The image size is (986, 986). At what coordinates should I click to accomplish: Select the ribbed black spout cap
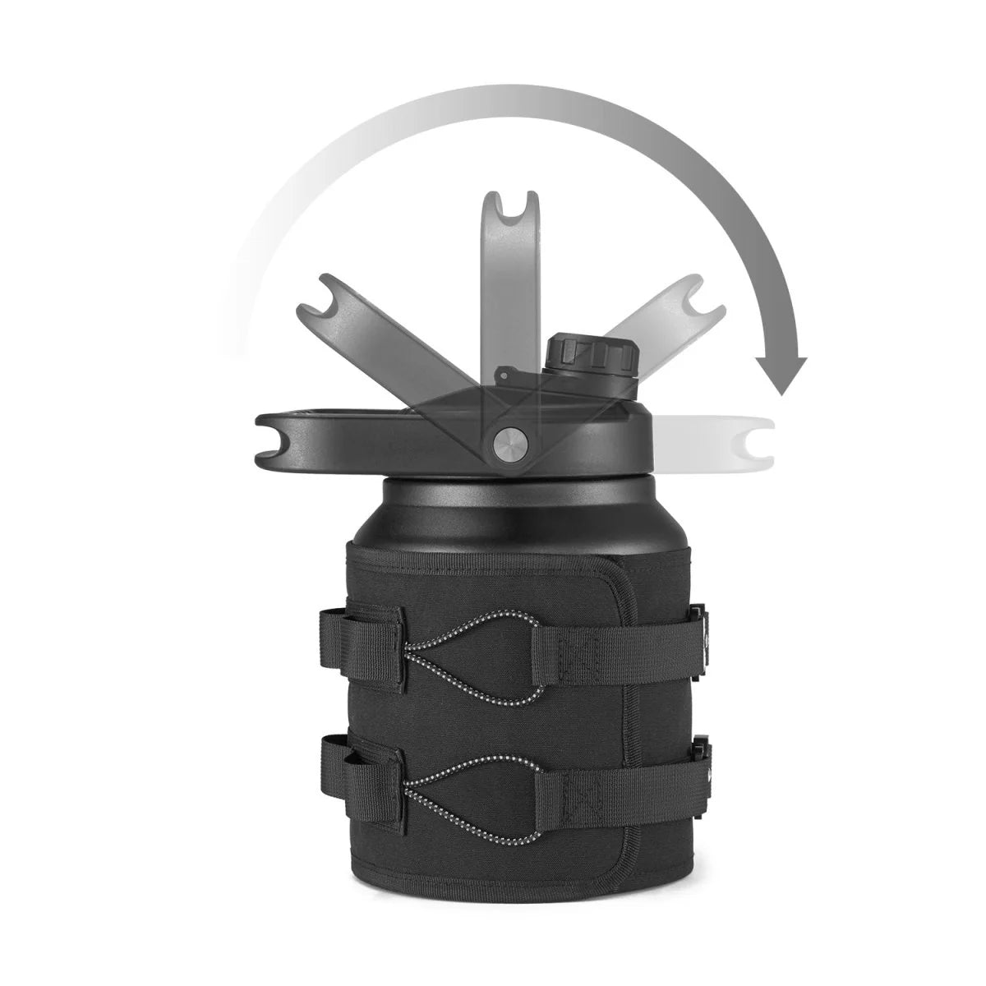[591, 354]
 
